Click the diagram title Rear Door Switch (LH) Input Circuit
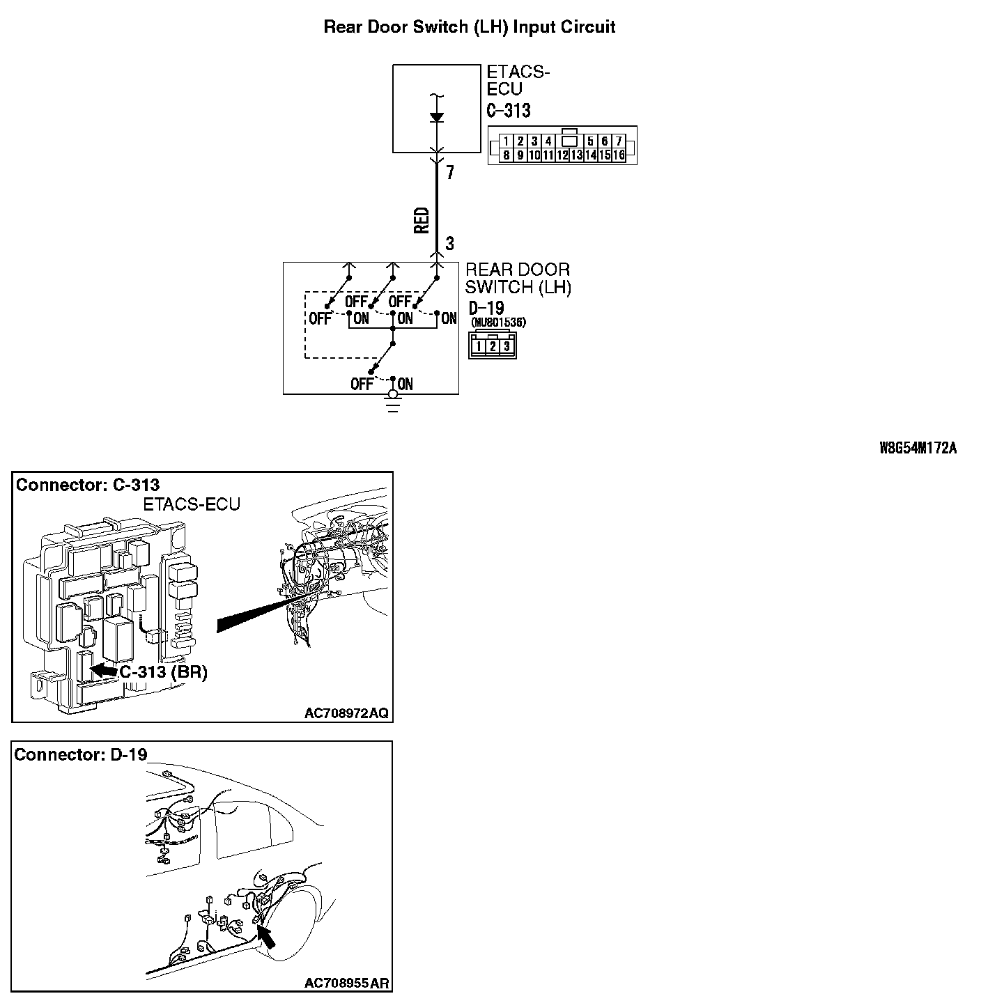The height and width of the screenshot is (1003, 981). click(x=470, y=27)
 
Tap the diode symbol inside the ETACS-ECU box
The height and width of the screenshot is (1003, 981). click(x=437, y=117)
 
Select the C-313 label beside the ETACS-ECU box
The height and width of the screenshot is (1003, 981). click(x=509, y=111)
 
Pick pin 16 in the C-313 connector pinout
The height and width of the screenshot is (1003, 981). click(x=619, y=155)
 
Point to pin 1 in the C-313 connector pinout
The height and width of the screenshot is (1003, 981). click(x=507, y=141)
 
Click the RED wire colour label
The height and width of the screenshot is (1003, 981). click(x=422, y=220)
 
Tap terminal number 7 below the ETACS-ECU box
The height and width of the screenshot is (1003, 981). click(x=450, y=172)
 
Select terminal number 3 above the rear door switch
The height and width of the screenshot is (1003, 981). click(x=450, y=244)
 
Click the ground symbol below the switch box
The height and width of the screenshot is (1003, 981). click(x=394, y=403)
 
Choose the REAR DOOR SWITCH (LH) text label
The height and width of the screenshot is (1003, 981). click(x=518, y=279)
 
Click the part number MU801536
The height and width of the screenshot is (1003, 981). click(x=499, y=322)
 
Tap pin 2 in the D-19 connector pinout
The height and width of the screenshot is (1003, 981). click(x=493, y=345)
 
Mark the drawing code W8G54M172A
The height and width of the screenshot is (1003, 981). click(x=918, y=449)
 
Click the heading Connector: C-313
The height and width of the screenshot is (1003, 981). click(x=88, y=485)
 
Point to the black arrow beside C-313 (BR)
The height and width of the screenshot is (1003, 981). click(x=104, y=669)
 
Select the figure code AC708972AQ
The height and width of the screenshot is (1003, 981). click(x=346, y=713)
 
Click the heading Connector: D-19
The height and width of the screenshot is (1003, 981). click(x=81, y=754)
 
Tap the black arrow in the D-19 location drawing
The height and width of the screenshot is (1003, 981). click(x=265, y=938)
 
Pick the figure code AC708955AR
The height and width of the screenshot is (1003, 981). click(x=346, y=983)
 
